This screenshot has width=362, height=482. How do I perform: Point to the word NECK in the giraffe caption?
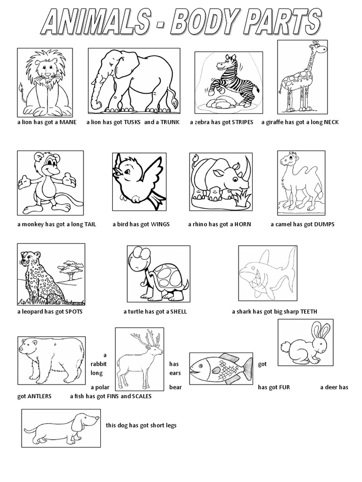330,122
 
